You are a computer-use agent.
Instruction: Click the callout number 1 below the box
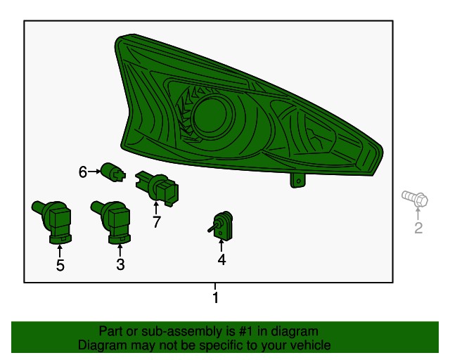tap(216, 297)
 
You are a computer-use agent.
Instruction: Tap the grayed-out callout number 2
tap(418, 228)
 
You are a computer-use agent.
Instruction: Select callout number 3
tap(120, 264)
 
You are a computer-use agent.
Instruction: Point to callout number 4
tap(221, 259)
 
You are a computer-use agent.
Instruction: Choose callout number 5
tap(60, 265)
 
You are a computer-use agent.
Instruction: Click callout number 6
tap(83, 172)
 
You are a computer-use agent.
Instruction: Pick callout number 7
tap(156, 221)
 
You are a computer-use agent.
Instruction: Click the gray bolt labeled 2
tap(415, 198)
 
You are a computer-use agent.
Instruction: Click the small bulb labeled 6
tap(113, 172)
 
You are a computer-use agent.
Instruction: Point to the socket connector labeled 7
tap(157, 188)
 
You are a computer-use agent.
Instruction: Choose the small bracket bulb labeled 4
tap(221, 226)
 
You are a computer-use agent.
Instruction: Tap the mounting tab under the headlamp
tap(298, 181)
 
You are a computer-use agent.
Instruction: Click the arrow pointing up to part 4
tap(221, 246)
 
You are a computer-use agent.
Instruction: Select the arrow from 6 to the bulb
tap(94, 172)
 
